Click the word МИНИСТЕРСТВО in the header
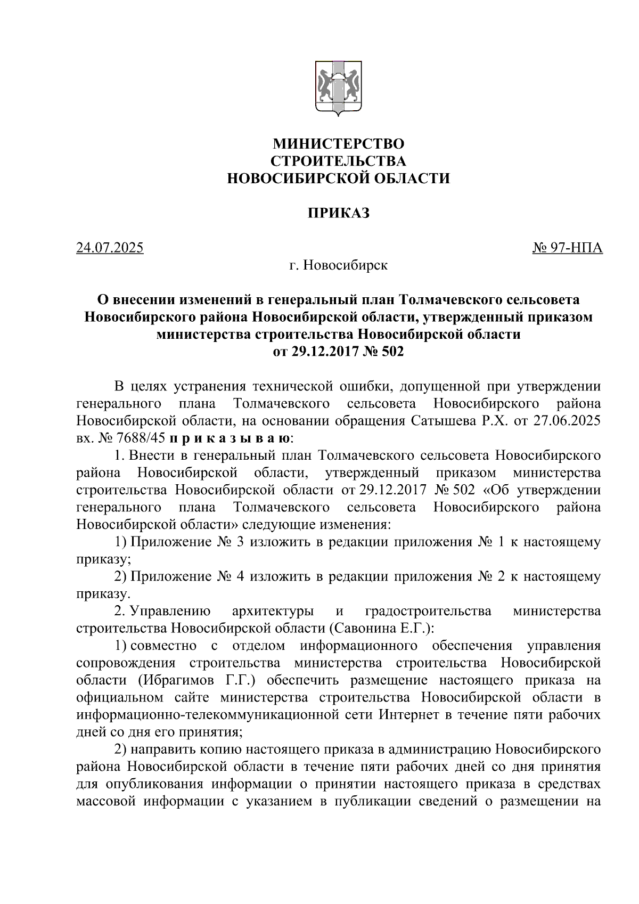point(338,144)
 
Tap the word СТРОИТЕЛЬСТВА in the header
point(338,161)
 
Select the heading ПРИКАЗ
point(338,214)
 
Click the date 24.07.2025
point(110,248)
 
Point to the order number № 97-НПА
point(567,248)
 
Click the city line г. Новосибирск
point(338,265)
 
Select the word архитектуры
point(273,610)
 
